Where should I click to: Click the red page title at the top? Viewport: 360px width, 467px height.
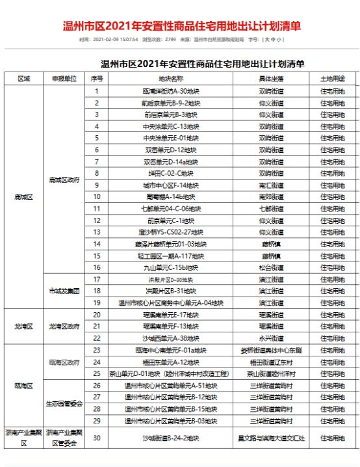pos(181,27)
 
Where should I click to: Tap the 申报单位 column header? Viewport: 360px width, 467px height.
pos(64,79)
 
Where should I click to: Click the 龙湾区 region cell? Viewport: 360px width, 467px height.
pos(23,326)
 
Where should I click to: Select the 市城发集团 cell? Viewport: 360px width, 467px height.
pos(64,291)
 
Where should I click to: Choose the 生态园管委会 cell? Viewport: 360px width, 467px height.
pos(64,403)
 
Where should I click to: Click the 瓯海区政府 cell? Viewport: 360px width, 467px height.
pos(64,362)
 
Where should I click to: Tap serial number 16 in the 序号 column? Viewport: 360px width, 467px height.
pos(96,267)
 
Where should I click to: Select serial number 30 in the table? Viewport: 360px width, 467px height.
pos(96,438)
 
